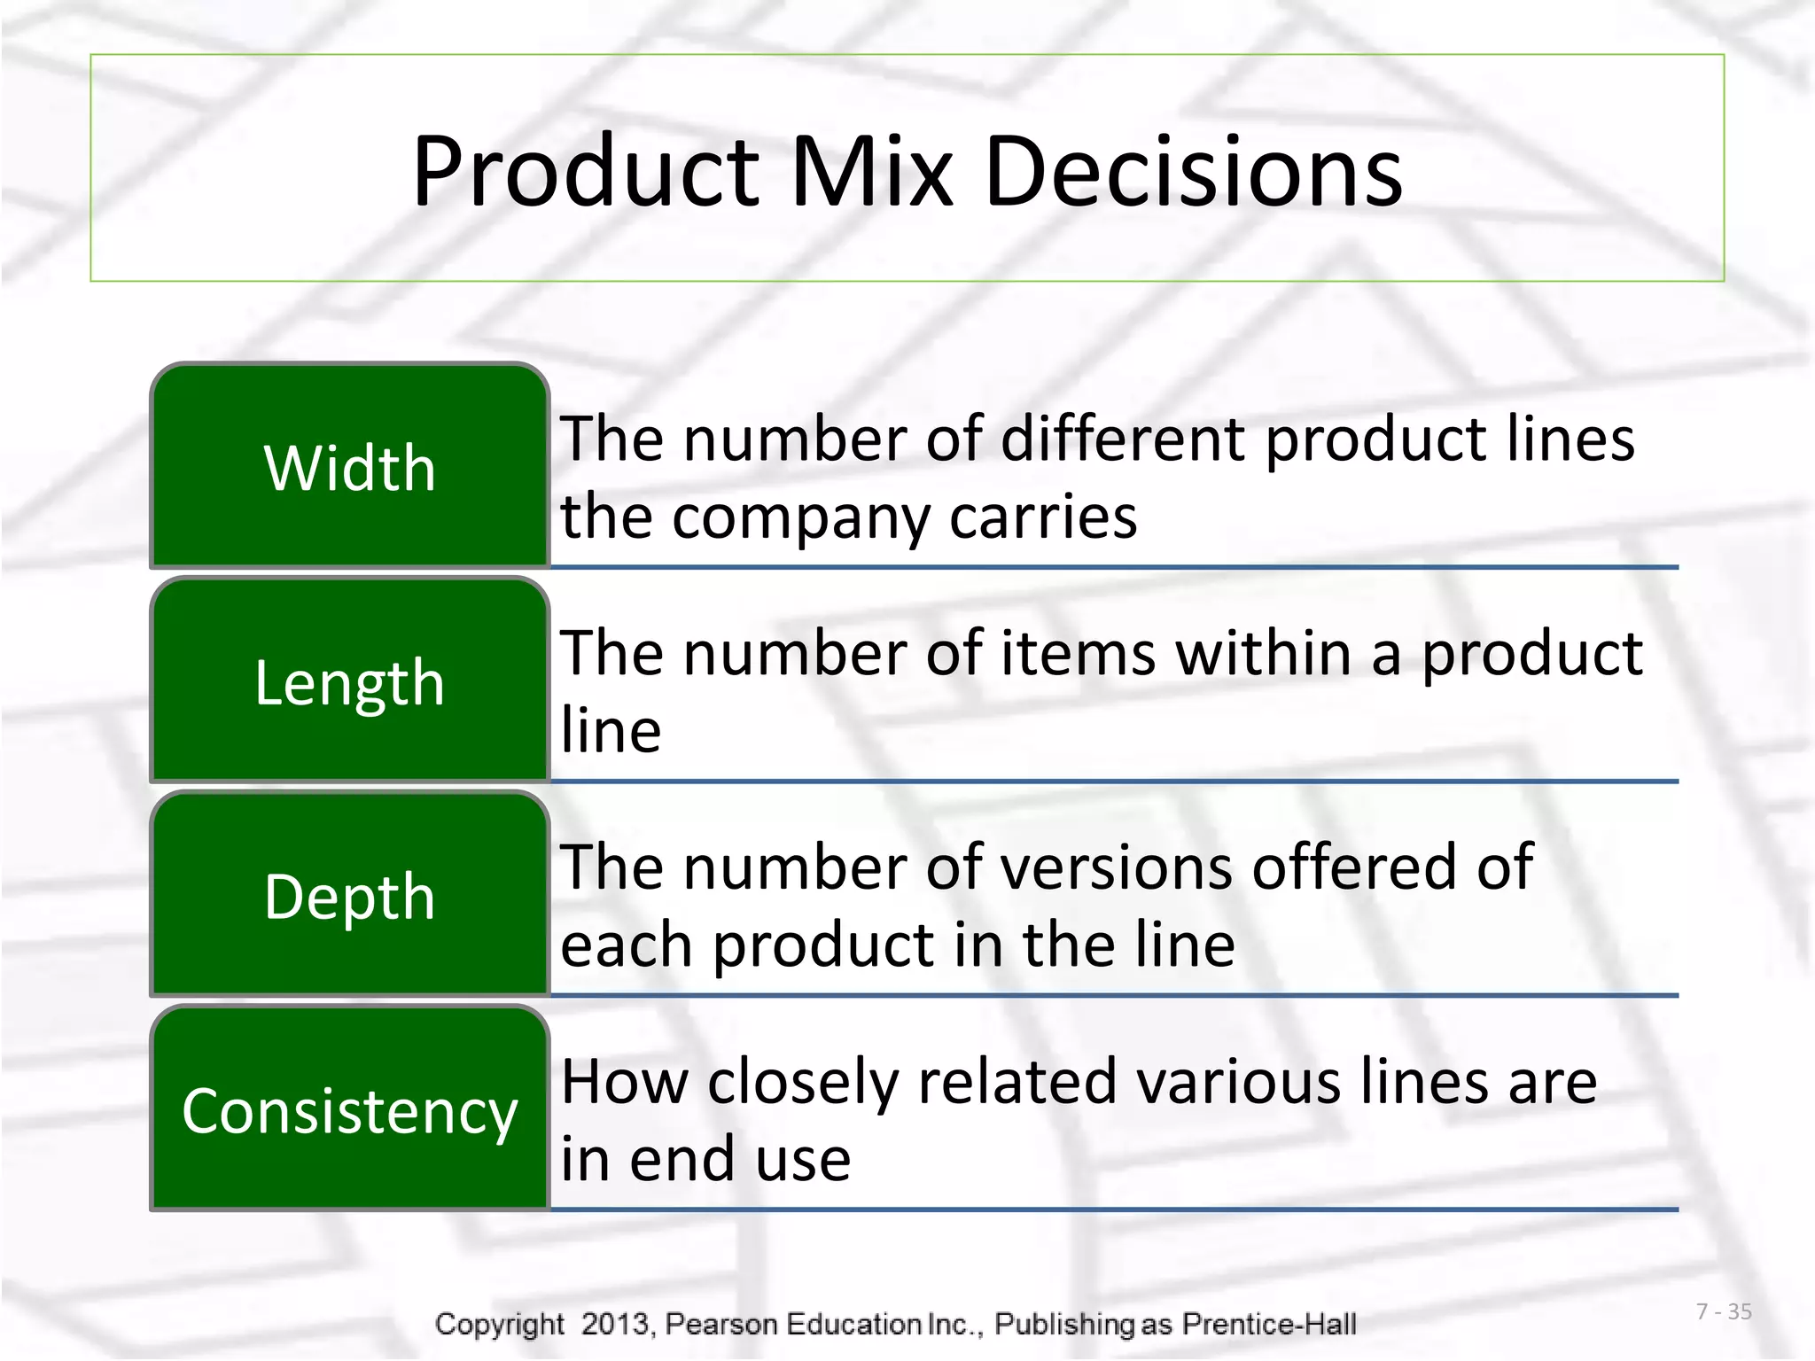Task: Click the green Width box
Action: point(350,467)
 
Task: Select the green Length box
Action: point(350,681)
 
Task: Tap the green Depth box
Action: point(350,896)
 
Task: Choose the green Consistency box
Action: point(350,1110)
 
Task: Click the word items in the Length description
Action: point(1078,653)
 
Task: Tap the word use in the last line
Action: point(803,1160)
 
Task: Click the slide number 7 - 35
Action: point(1724,1311)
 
